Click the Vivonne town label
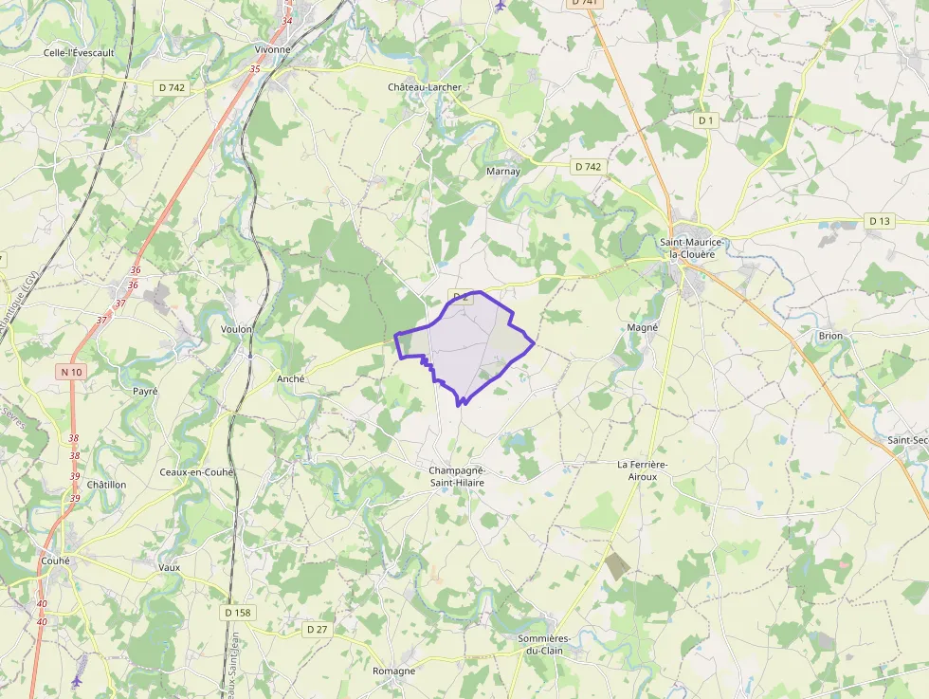pyautogui.click(x=272, y=48)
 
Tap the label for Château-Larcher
pyautogui.click(x=425, y=87)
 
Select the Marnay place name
pyautogui.click(x=502, y=172)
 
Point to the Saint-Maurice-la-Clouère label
pyautogui.click(x=692, y=248)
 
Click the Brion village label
pyautogui.click(x=830, y=336)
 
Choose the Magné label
pyautogui.click(x=643, y=327)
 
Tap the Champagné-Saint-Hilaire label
pyautogui.click(x=457, y=476)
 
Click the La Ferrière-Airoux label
pyautogui.click(x=643, y=470)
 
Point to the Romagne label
pyautogui.click(x=393, y=671)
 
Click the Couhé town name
pyautogui.click(x=55, y=561)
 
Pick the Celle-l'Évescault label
pyautogui.click(x=79, y=53)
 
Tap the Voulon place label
pyautogui.click(x=236, y=329)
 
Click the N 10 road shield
pyautogui.click(x=71, y=372)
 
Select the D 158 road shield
pyautogui.click(x=238, y=613)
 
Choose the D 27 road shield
pyautogui.click(x=317, y=629)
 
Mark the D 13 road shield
pyautogui.click(x=879, y=221)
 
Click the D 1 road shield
pyautogui.click(x=704, y=120)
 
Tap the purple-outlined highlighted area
pyautogui.click(x=469, y=341)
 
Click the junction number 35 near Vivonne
pyautogui.click(x=254, y=69)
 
